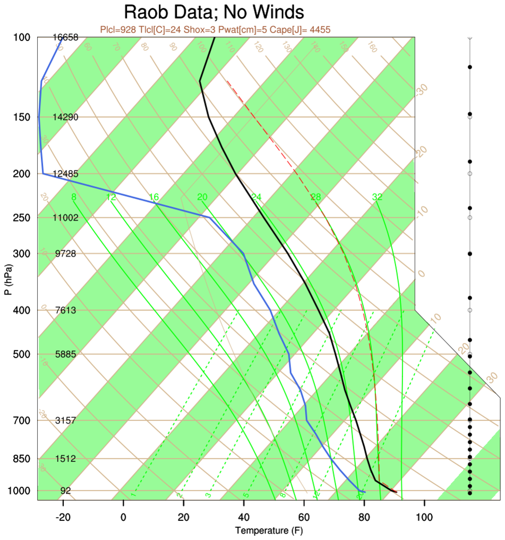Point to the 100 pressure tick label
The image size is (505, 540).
click(22, 37)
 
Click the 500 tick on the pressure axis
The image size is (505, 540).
click(22, 354)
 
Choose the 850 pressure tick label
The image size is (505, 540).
click(22, 459)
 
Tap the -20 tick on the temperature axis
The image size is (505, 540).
click(63, 516)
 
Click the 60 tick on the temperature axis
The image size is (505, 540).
click(304, 516)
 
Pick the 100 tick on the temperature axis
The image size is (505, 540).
click(424, 516)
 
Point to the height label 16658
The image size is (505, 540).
click(66, 37)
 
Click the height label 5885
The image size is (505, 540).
click(66, 354)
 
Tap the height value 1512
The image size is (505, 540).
click(66, 459)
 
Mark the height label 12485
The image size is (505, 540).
click(66, 174)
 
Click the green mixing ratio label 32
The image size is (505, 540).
click(377, 197)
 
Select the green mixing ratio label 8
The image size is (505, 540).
click(73, 197)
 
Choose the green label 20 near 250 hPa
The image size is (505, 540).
click(202, 197)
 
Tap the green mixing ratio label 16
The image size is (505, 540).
click(154, 197)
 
